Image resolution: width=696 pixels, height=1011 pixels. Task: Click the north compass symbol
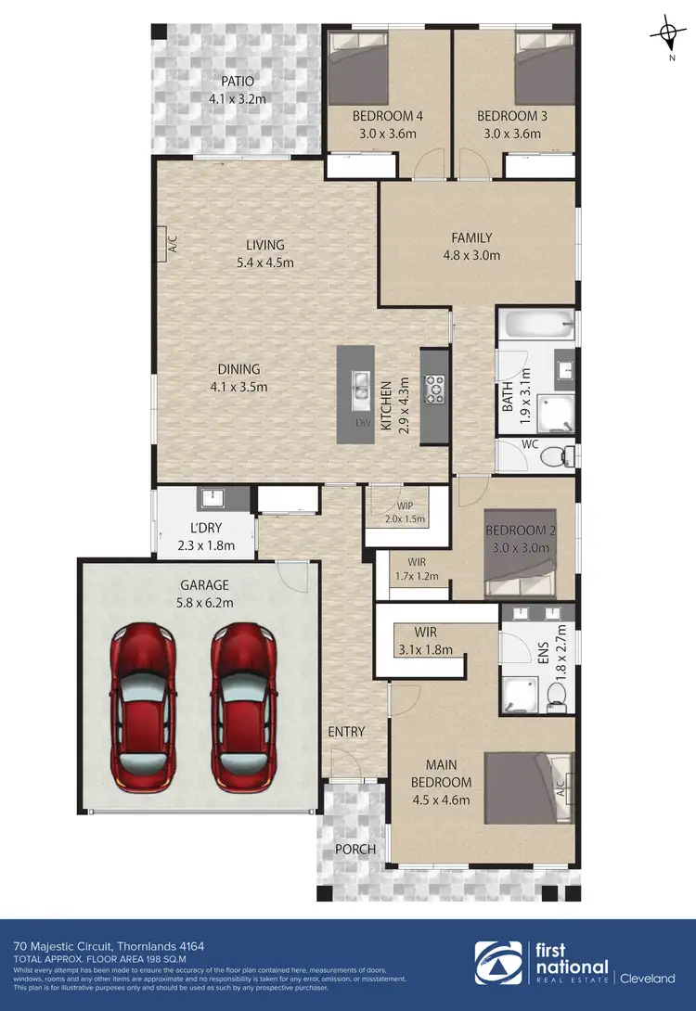click(668, 36)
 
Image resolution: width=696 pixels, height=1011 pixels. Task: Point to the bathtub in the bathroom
click(535, 326)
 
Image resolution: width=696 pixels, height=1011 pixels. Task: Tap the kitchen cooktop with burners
click(434, 390)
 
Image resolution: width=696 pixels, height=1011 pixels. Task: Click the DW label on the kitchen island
click(363, 423)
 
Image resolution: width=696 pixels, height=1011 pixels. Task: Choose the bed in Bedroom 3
click(543, 69)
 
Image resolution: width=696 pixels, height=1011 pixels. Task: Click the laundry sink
click(211, 498)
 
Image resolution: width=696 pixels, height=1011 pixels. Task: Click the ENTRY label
click(346, 732)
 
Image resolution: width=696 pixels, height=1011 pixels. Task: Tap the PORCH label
click(355, 849)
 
